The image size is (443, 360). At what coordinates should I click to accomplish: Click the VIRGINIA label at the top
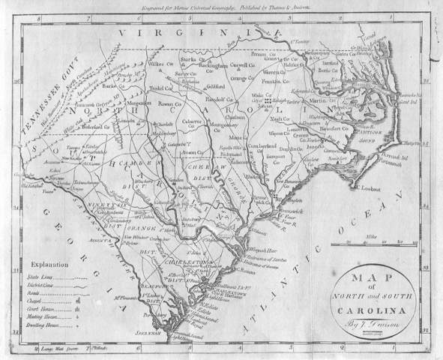pyautogui.click(x=198, y=34)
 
